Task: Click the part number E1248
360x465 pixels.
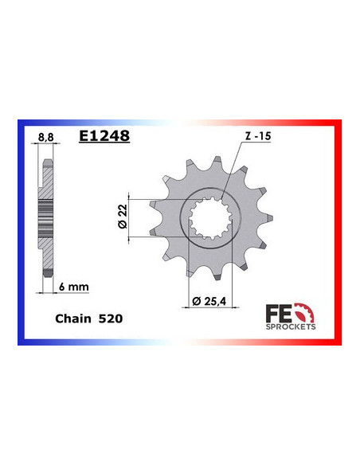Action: coord(104,136)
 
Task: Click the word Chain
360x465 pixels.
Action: coord(74,318)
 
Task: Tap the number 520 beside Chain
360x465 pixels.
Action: coord(112,318)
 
